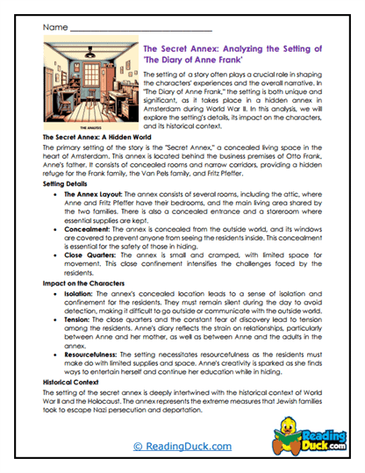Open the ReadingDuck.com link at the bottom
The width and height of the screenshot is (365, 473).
tap(182, 447)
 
